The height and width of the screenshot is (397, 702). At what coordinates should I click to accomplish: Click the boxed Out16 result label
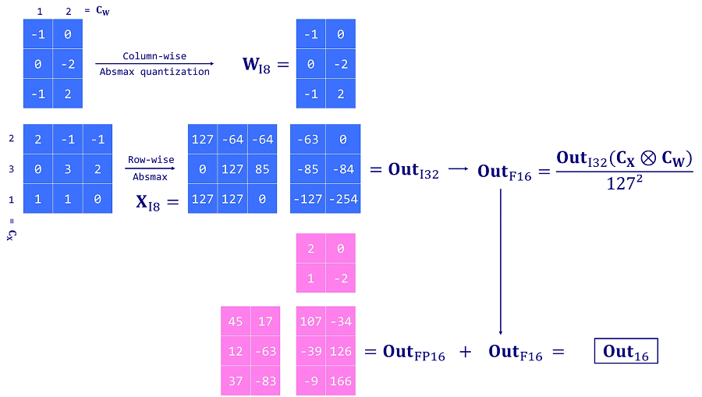[626, 351]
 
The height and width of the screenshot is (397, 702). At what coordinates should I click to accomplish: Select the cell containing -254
[343, 199]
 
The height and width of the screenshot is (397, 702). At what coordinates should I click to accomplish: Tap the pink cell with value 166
[341, 381]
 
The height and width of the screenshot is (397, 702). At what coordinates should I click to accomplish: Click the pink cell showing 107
[310, 321]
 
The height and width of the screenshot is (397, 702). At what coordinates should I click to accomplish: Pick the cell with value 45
[236, 321]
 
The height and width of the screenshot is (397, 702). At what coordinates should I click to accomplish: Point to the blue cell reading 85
[262, 169]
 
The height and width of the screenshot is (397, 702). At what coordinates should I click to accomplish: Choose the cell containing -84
[343, 169]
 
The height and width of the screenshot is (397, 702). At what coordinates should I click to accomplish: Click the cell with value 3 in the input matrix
[68, 169]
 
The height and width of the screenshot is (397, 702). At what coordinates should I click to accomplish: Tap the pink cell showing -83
[265, 381]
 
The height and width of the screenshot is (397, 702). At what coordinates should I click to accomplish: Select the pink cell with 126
[341, 351]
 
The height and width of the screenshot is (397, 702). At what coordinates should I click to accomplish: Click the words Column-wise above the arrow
[154, 56]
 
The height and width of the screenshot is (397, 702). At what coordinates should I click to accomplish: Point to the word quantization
[175, 72]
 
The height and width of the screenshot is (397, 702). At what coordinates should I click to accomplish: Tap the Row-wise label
[151, 159]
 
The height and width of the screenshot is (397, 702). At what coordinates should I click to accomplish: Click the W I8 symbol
[257, 65]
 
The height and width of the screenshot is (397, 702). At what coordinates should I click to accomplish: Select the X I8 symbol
[147, 203]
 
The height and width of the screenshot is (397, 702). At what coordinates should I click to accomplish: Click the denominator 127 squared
[624, 183]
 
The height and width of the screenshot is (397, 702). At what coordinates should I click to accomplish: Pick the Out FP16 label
[413, 352]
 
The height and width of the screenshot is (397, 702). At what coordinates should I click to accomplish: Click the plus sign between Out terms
[466, 352]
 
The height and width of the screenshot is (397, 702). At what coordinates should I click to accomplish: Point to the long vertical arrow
[501, 261]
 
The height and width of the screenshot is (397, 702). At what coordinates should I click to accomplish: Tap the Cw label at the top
[102, 11]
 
